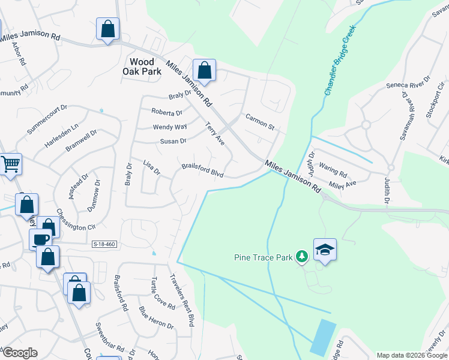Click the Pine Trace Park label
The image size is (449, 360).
[x=262, y=257]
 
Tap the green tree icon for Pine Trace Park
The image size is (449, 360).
[x=303, y=257]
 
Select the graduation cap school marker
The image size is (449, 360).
[x=325, y=250]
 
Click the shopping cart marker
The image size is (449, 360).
[x=10, y=163]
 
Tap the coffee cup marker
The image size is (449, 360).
[x=41, y=239]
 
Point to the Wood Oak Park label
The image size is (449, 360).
[x=138, y=66]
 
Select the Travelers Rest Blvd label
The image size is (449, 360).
[x=183, y=299]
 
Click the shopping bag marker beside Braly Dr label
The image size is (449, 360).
[x=204, y=70]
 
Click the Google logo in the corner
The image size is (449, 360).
[x=20, y=353]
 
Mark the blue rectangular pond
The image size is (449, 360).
[x=324, y=337]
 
